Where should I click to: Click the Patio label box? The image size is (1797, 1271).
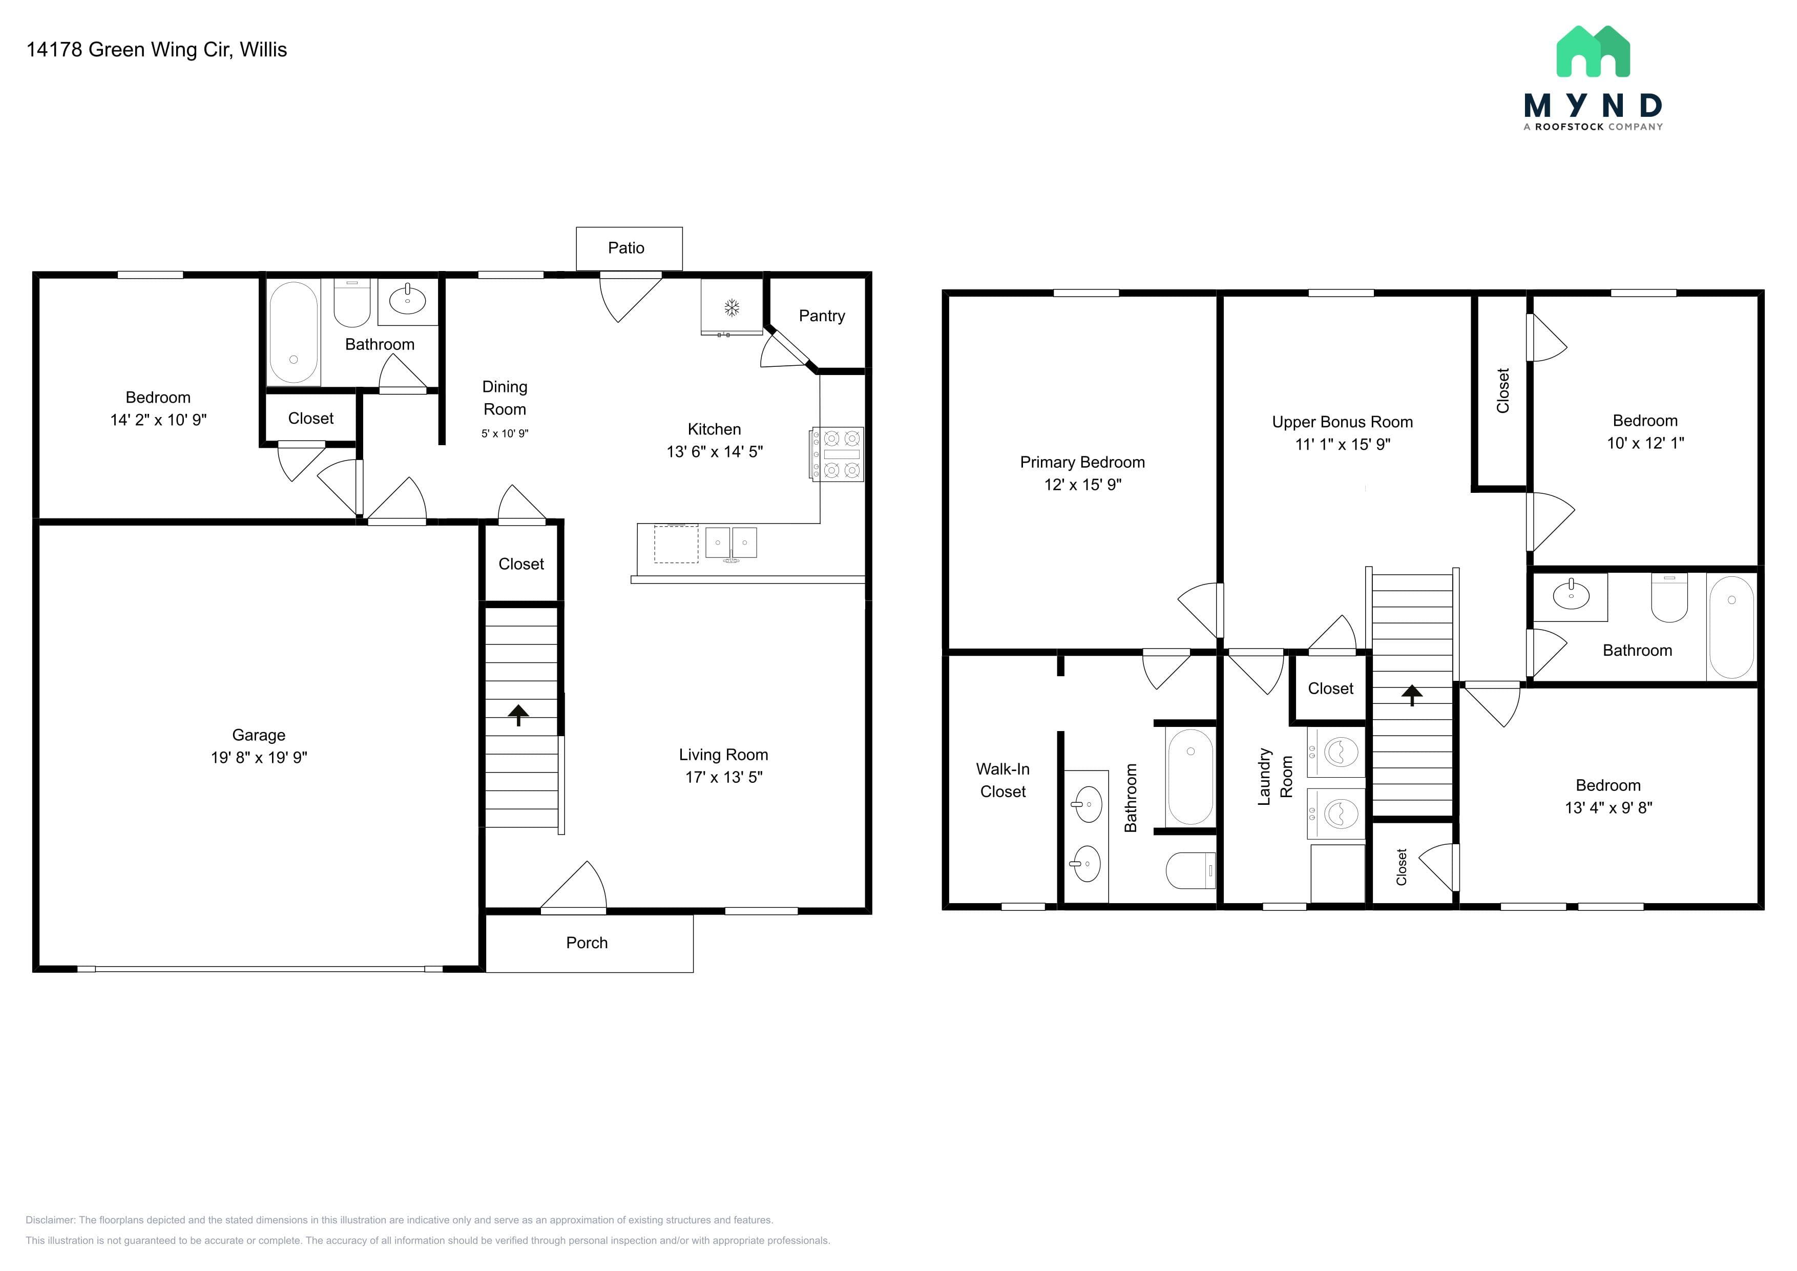click(x=629, y=249)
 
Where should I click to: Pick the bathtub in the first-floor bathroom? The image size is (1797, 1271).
click(x=294, y=332)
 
